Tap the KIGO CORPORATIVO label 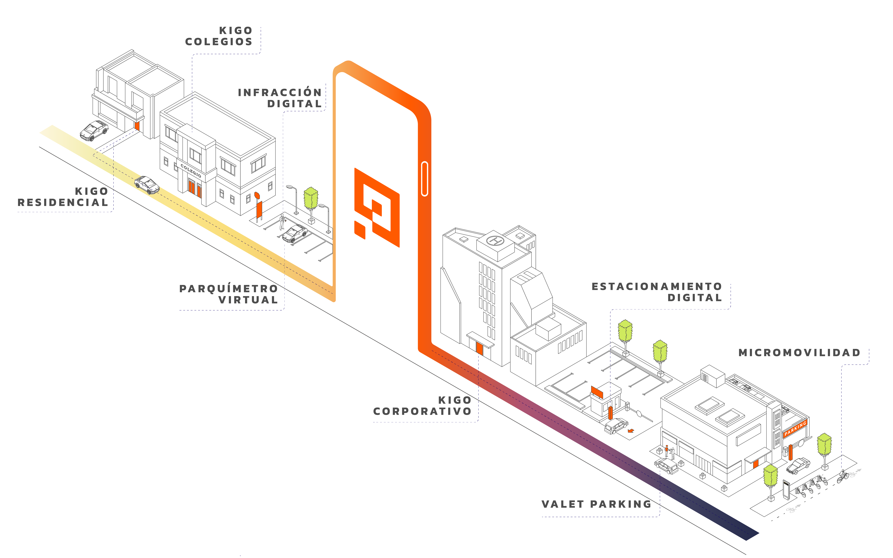pos(422,406)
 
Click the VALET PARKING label pos(596,504)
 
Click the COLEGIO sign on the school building pos(191,170)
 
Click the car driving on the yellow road pos(147,185)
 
